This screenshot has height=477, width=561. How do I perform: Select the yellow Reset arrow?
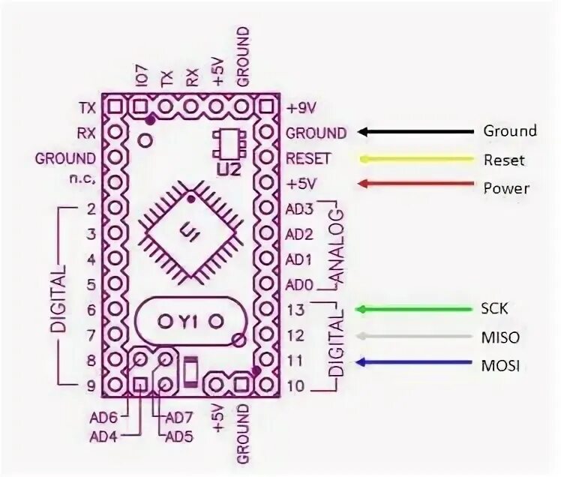point(416,159)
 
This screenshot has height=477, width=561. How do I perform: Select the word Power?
point(505,187)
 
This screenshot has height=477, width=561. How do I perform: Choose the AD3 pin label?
point(299,208)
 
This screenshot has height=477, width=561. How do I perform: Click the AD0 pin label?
point(299,285)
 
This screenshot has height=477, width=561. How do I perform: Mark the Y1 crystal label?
point(187,321)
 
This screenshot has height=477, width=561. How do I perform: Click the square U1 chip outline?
point(190,233)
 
